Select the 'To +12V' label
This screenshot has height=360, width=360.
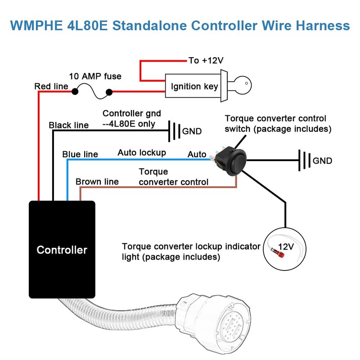point(206,60)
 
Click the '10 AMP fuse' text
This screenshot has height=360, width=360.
point(95,76)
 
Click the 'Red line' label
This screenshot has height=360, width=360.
point(51,86)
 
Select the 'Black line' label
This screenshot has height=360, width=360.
point(69,125)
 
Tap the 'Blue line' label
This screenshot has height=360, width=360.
point(80,154)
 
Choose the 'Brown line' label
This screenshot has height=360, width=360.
point(97,181)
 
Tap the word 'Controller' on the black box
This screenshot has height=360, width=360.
point(62,250)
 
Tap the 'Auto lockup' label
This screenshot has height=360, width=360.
point(142,153)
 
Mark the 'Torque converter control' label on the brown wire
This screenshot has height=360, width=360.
point(173,177)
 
